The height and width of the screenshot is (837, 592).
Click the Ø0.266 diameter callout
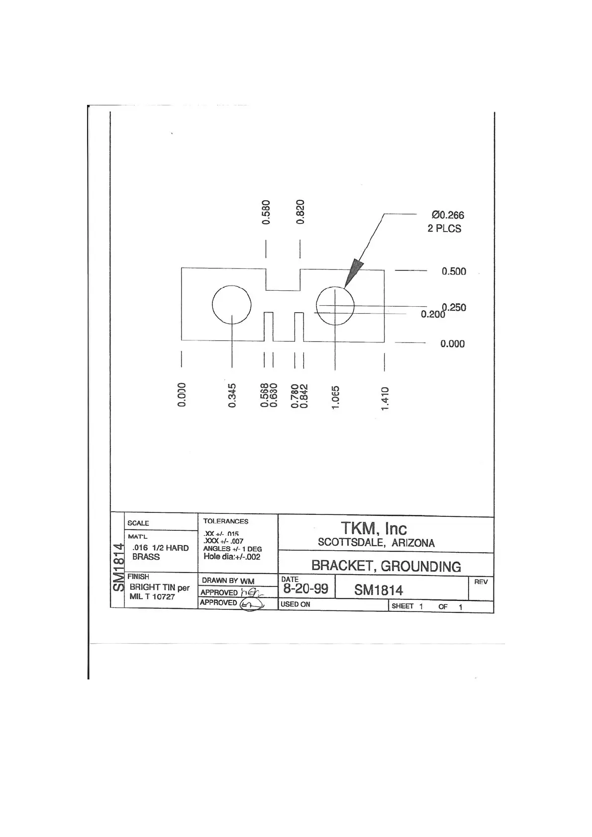(448, 215)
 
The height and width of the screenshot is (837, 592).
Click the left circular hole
(231, 304)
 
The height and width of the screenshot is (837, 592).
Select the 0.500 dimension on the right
(454, 271)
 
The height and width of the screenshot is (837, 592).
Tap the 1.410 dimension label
(384, 399)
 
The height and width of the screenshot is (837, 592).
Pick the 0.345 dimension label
(232, 395)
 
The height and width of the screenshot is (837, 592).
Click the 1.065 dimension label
(335, 398)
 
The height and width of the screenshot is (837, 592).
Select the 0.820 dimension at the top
(300, 212)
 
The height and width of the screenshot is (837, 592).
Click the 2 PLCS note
(444, 229)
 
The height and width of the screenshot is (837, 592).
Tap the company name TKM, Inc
(374, 528)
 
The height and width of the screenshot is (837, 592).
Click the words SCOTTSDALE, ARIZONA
(376, 543)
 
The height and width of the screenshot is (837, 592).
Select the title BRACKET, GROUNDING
(386, 566)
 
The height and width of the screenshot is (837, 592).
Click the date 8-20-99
(305, 589)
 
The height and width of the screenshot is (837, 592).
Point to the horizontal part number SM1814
(379, 590)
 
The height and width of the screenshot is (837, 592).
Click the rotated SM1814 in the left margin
(118, 567)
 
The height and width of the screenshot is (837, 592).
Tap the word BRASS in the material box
(146, 557)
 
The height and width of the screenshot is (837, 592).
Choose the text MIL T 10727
(152, 597)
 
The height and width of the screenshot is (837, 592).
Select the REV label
(481, 582)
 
